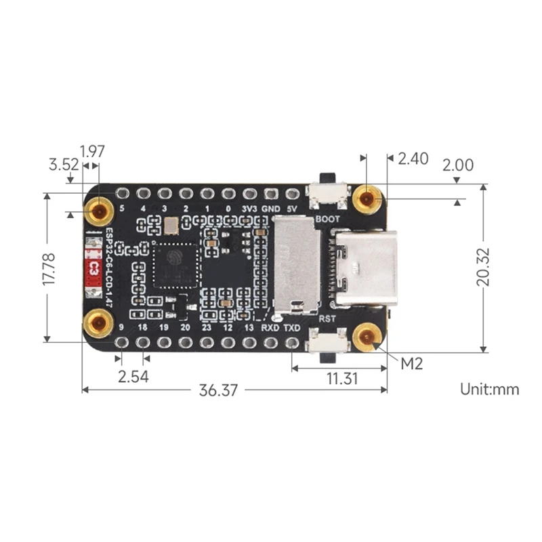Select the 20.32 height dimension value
(x=484, y=268)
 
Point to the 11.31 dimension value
(x=341, y=379)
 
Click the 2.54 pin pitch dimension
(x=133, y=377)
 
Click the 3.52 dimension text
(x=62, y=165)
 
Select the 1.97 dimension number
(x=92, y=151)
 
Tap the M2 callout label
(x=412, y=363)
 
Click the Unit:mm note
(x=490, y=389)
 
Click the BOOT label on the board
(x=328, y=220)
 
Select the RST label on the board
(x=327, y=316)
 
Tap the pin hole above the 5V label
(x=292, y=194)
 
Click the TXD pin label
(x=292, y=328)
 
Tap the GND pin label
(x=271, y=209)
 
